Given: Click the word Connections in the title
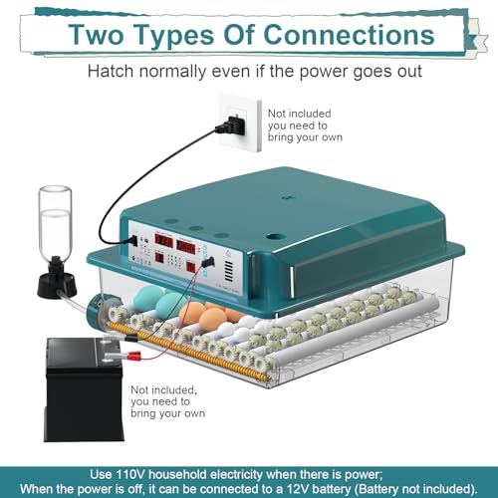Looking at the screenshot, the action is pyautogui.click(x=349, y=35).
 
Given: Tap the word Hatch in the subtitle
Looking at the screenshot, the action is pyautogui.click(x=111, y=71).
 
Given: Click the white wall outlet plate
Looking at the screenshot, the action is pyautogui.click(x=240, y=123).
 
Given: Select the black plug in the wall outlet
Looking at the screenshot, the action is pyautogui.click(x=231, y=125).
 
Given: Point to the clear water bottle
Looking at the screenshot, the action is pyautogui.click(x=55, y=220).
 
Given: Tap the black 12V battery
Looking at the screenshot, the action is pyautogui.click(x=84, y=389).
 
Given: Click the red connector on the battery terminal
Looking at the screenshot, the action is pyautogui.click(x=134, y=358).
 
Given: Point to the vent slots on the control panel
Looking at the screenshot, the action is pyautogui.click(x=228, y=271).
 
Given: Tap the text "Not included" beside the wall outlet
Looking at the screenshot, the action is pyautogui.click(x=300, y=114).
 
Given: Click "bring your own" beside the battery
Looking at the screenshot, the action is pyautogui.click(x=167, y=413).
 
